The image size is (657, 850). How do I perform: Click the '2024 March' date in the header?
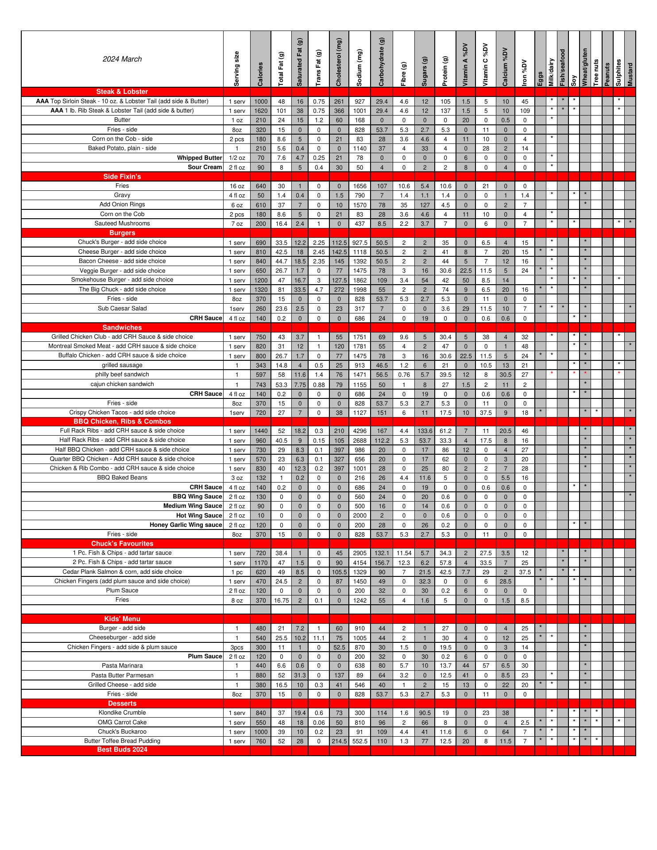122,59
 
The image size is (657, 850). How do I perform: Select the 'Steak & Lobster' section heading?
122,92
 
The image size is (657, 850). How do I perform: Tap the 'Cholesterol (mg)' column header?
339,62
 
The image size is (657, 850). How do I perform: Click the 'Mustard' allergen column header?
630,74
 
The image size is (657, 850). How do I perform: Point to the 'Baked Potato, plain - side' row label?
122,148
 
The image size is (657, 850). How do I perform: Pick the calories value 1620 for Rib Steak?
261,111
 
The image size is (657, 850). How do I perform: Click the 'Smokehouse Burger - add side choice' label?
122,280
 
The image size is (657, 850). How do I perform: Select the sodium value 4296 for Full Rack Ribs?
359,431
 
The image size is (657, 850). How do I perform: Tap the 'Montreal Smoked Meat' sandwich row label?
122,346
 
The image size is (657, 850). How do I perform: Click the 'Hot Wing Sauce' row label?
199,516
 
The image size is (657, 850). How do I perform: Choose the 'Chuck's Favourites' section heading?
122,544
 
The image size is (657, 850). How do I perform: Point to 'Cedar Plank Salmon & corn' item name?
122,572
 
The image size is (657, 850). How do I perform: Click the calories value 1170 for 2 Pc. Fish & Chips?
261,563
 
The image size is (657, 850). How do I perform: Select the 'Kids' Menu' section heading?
122,619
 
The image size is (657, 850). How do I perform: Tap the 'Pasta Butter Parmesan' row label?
122,676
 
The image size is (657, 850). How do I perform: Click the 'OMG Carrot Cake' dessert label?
122,722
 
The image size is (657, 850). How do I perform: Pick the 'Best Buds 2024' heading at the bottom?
122,750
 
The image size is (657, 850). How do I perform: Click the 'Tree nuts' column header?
596,72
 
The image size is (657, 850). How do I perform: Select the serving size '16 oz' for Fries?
237,186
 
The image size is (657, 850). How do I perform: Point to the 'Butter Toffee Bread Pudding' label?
122,741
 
